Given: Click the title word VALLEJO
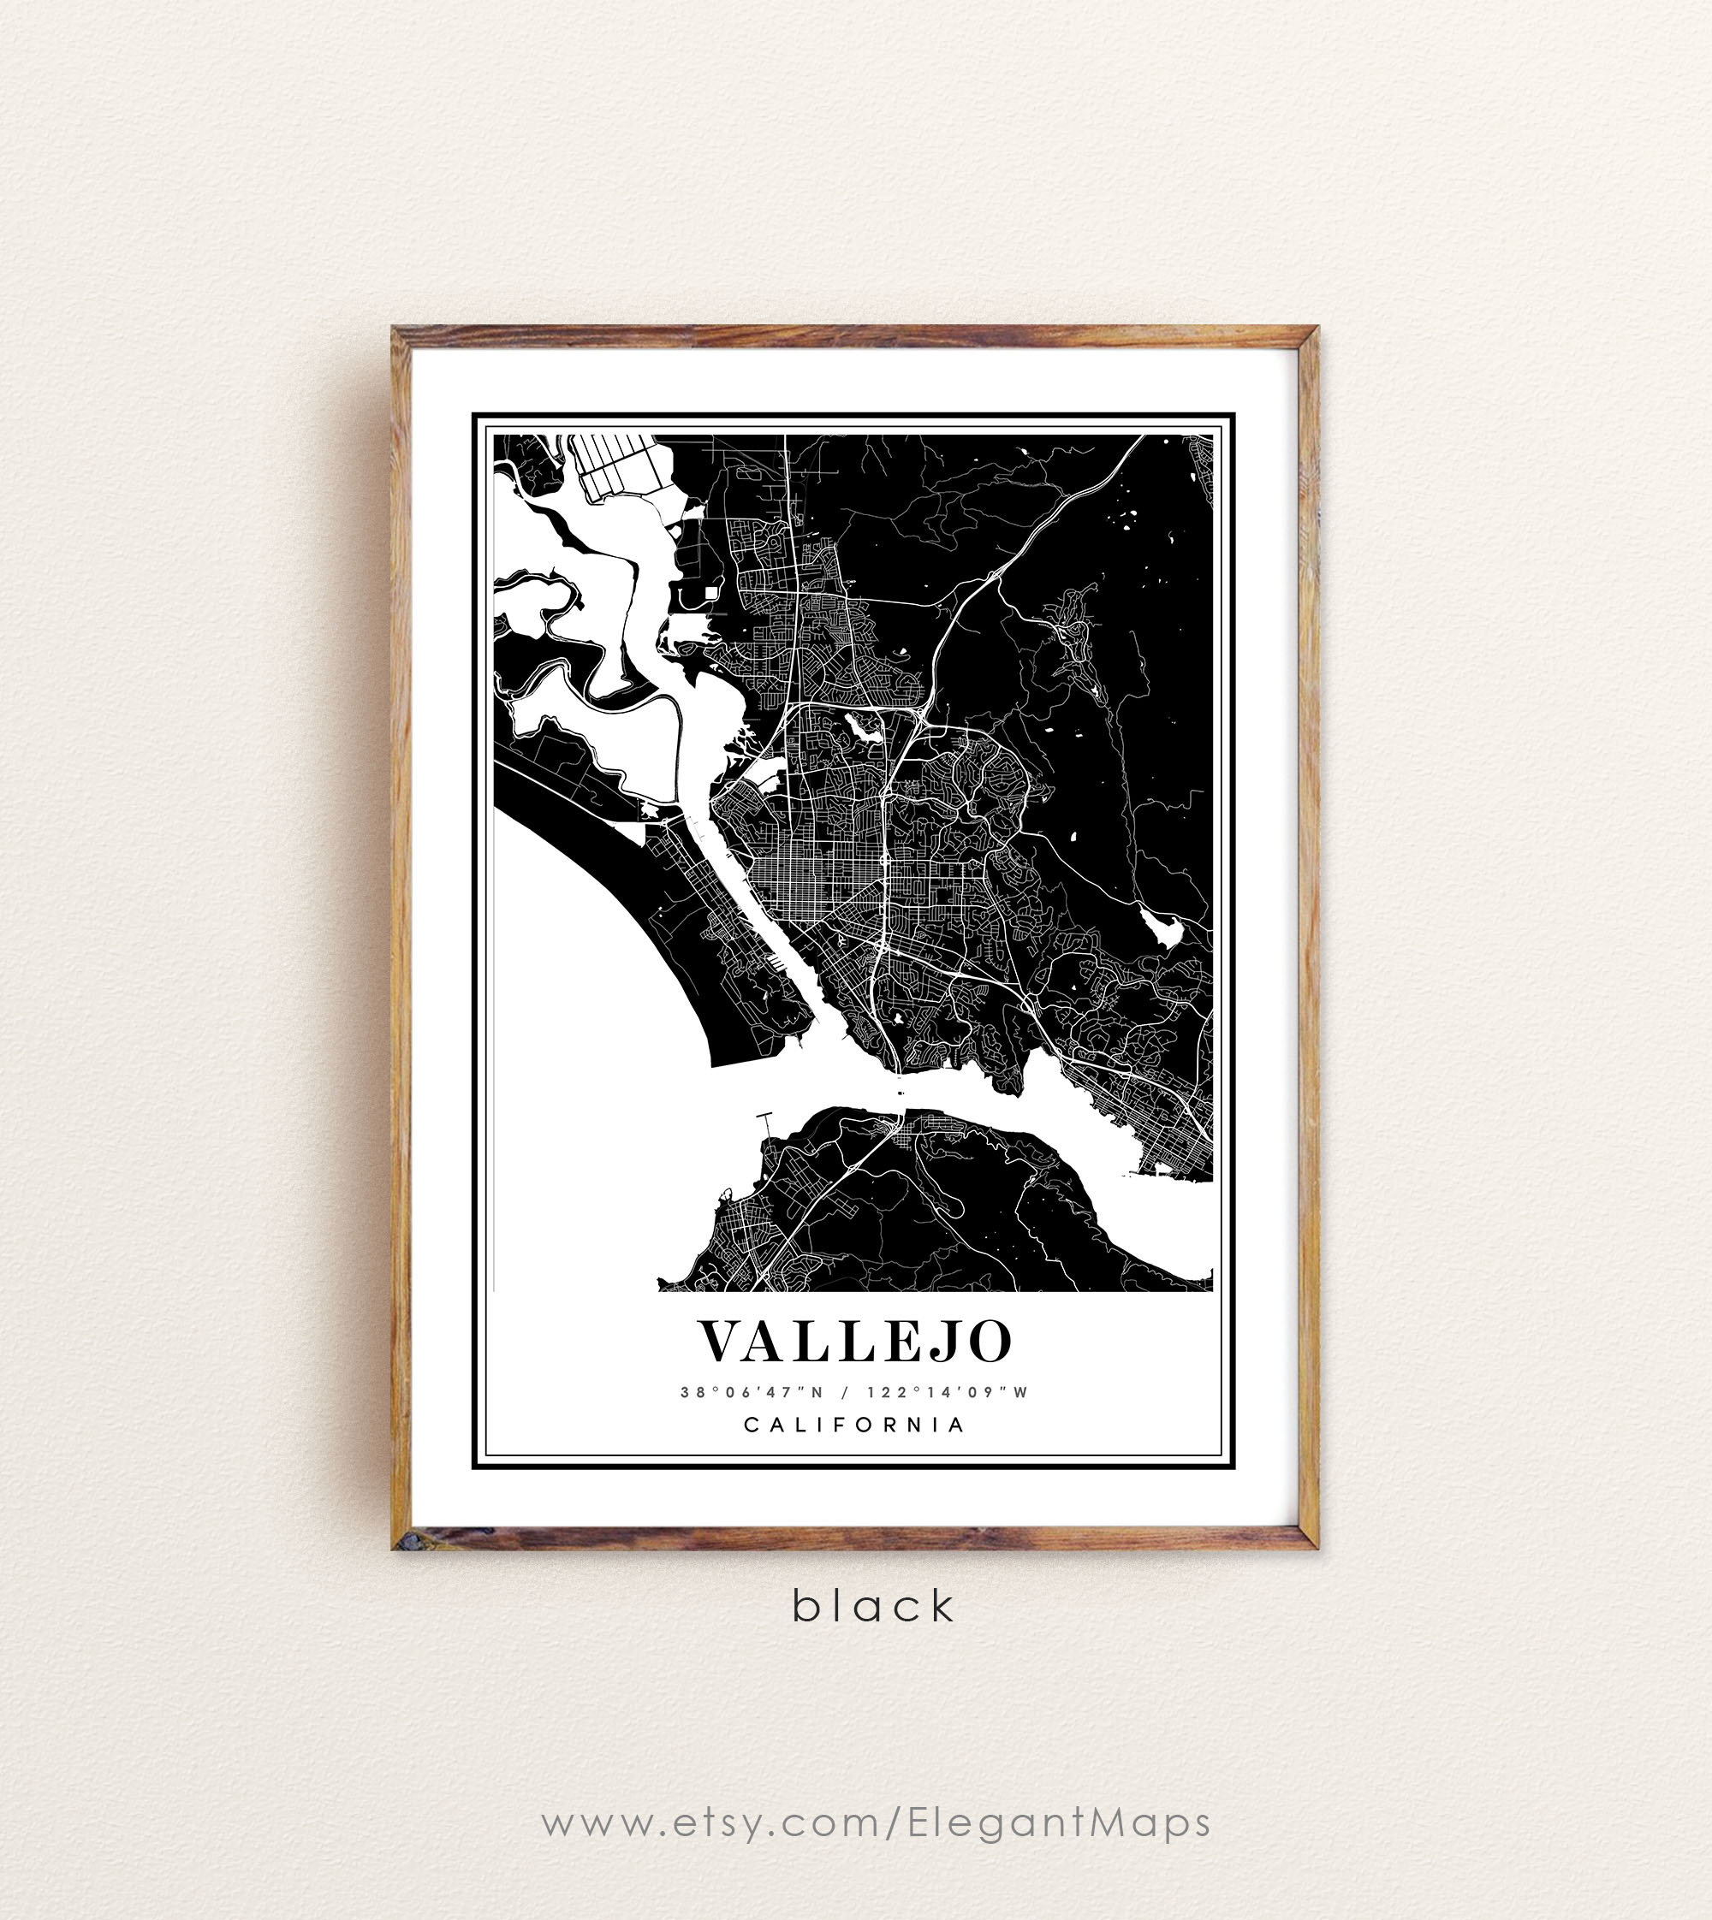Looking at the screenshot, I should (854, 1342).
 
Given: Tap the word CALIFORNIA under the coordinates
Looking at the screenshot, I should (854, 1425).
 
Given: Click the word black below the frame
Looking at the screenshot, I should (873, 1606).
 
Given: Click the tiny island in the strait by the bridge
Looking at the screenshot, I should (902, 1093).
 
